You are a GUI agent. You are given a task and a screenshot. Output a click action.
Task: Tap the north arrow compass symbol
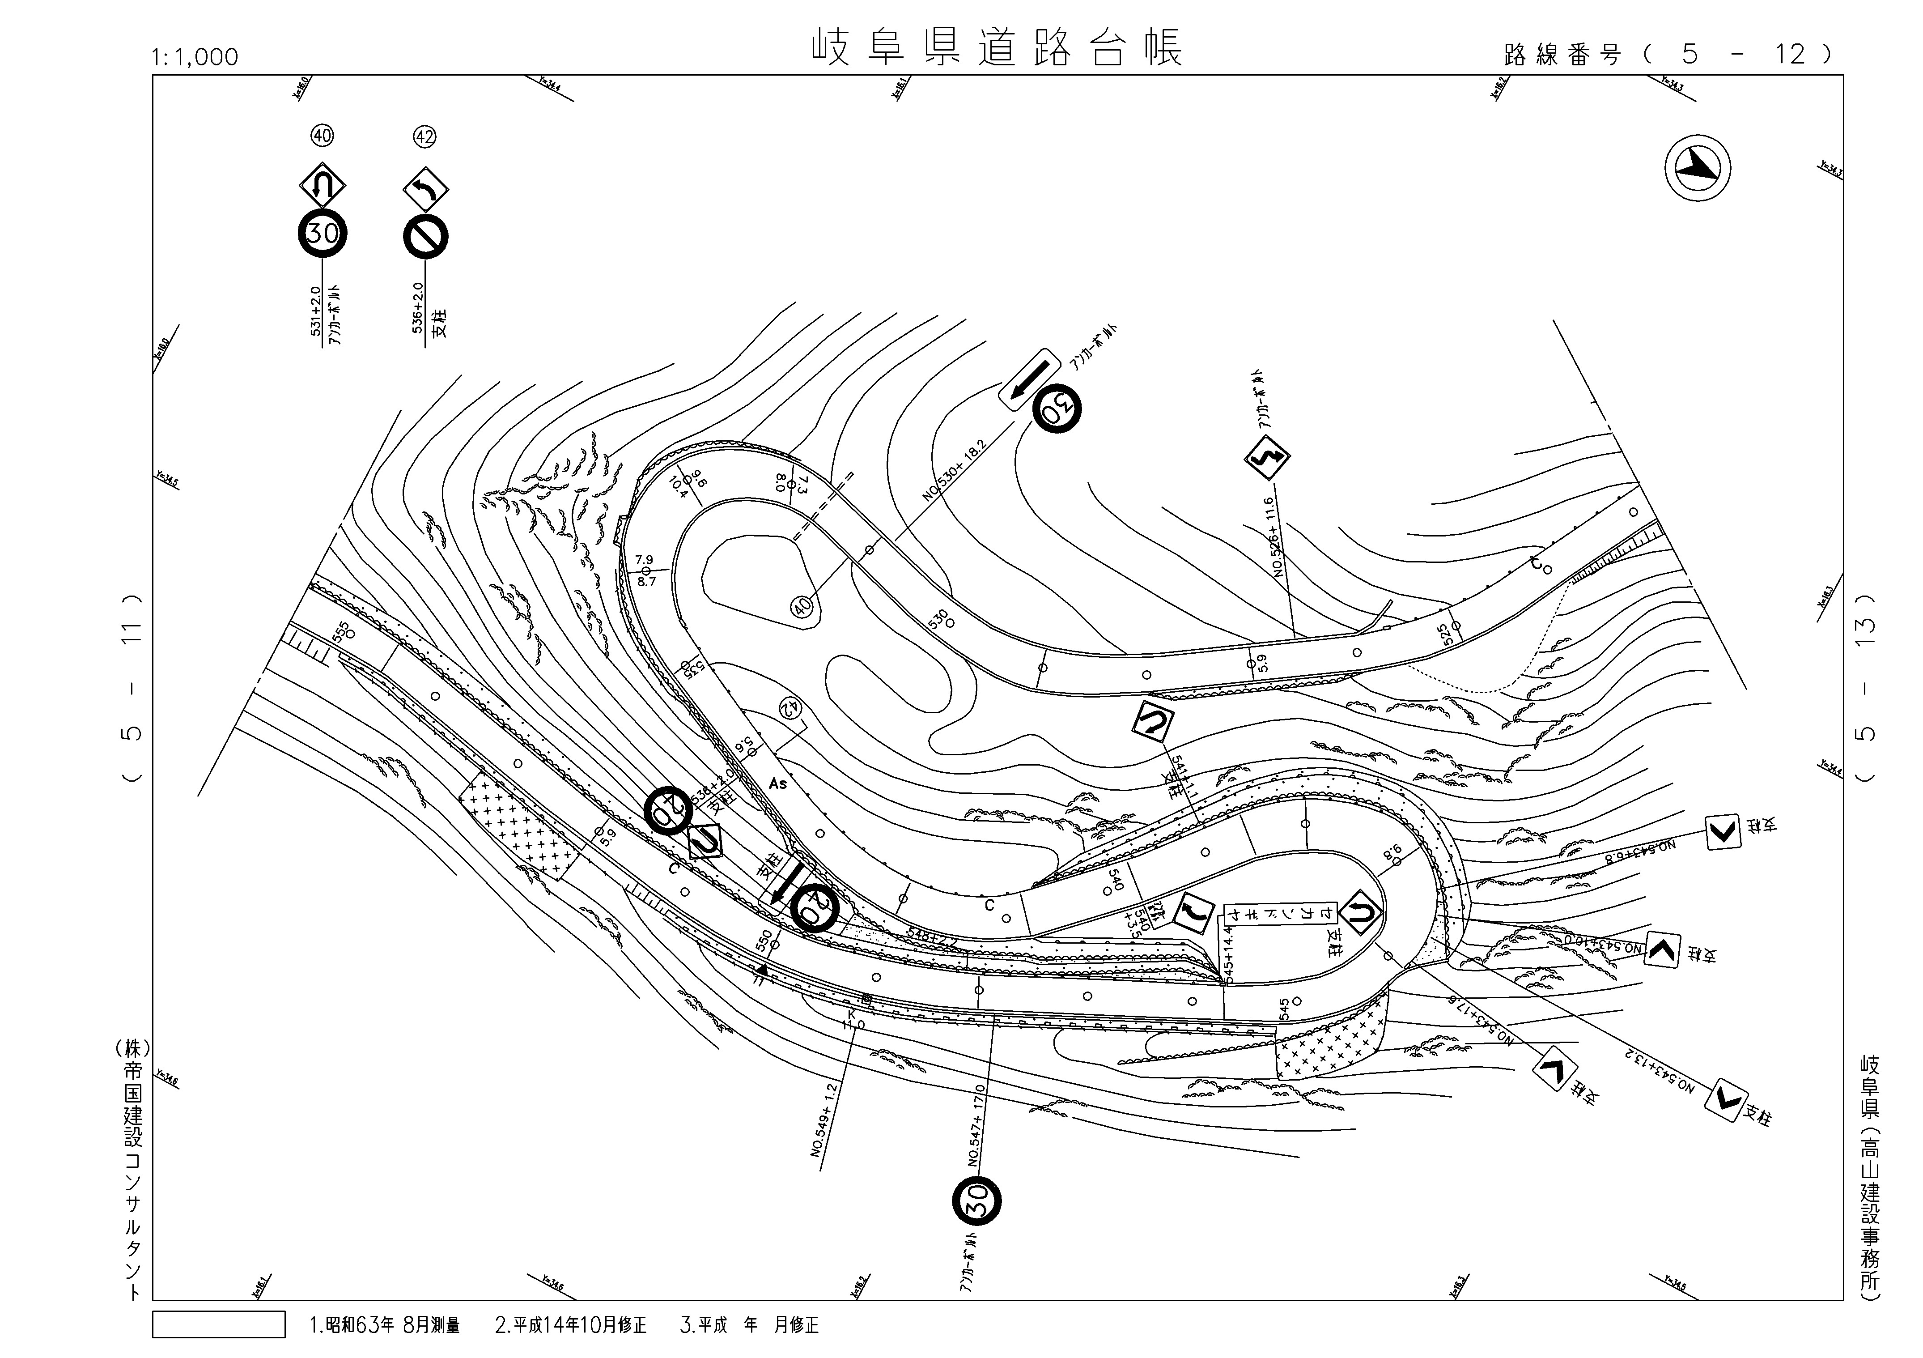[x=1697, y=168]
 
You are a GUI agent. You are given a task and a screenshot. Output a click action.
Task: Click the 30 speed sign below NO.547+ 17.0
[x=976, y=1200]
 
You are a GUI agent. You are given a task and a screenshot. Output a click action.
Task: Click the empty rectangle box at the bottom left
[x=219, y=1324]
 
